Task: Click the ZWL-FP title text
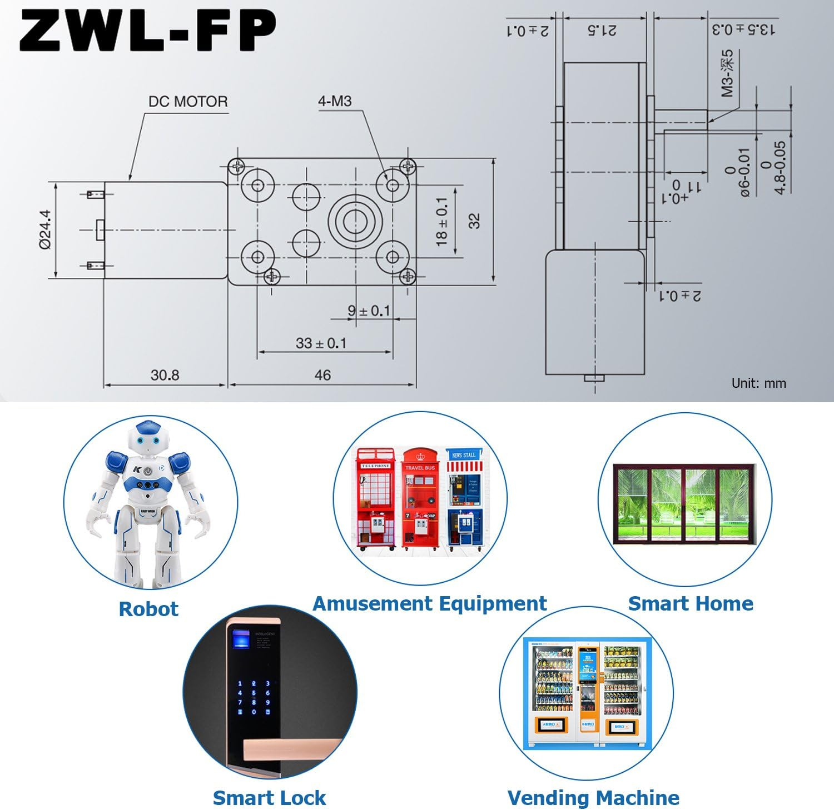pos(147,31)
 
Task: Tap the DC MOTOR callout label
pos(188,102)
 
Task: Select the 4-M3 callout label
pos(335,101)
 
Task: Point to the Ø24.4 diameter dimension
pos(46,229)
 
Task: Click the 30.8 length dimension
pos(165,376)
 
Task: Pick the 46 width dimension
pos(322,376)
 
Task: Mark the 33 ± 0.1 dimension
pos(321,343)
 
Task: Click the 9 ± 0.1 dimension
pos(369,311)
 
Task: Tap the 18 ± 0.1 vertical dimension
pos(442,221)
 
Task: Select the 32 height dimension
pos(474,221)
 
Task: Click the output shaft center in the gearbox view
pos(355,221)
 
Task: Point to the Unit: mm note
pos(758,383)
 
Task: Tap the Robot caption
pos(148,609)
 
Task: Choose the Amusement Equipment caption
pos(429,604)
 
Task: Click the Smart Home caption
pos(691,604)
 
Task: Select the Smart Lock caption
pos(269,798)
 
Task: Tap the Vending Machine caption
pos(593,798)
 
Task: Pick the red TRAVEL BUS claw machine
pos(420,498)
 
